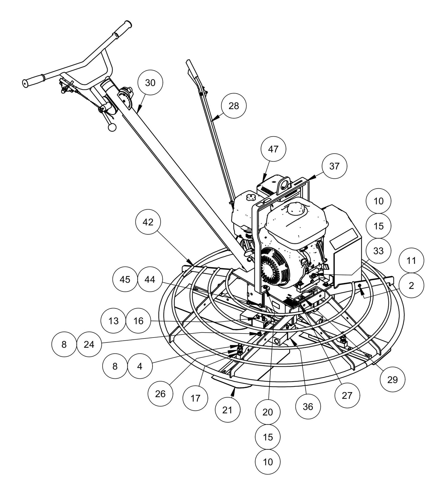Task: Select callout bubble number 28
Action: (234, 106)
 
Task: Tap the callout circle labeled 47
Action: (273, 149)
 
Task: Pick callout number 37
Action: (334, 166)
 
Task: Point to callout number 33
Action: (378, 251)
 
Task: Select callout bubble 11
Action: (411, 261)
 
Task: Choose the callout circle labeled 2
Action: (411, 286)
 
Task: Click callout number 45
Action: (125, 280)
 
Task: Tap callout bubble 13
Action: (114, 321)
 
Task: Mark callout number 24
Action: (89, 344)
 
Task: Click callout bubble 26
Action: (160, 394)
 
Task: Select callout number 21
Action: (228, 410)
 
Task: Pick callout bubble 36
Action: (308, 407)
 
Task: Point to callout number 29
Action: (393, 379)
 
